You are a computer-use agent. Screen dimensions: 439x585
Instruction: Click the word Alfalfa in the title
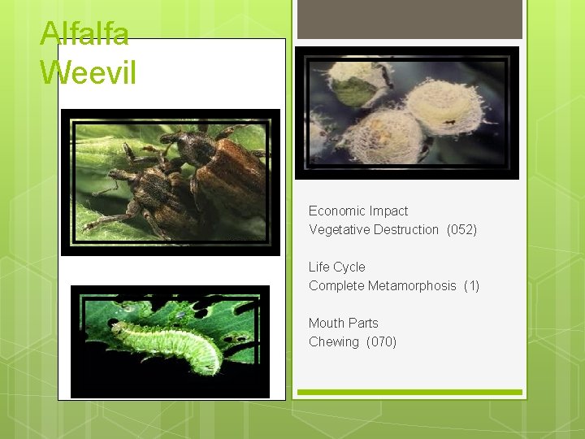pyautogui.click(x=84, y=34)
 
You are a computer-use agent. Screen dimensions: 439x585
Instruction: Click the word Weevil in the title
pyautogui.click(x=88, y=72)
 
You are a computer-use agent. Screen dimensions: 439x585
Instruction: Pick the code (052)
pyautogui.click(x=461, y=230)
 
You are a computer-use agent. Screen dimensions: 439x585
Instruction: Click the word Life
pyautogui.click(x=319, y=267)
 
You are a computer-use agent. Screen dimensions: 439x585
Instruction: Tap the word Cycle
pyautogui.click(x=350, y=267)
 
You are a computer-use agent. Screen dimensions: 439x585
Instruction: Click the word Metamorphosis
pyautogui.click(x=412, y=286)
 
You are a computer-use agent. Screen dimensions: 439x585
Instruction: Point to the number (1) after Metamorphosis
pyautogui.click(x=471, y=286)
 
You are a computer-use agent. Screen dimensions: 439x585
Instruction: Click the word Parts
pyautogui.click(x=363, y=324)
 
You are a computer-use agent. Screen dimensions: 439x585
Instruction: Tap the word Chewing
pyautogui.click(x=334, y=342)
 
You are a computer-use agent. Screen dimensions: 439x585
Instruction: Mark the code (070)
pyautogui.click(x=381, y=342)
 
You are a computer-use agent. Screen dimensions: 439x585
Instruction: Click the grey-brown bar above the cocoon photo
pyautogui.click(x=409, y=20)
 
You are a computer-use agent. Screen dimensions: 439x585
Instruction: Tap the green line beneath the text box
pyautogui.click(x=409, y=393)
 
